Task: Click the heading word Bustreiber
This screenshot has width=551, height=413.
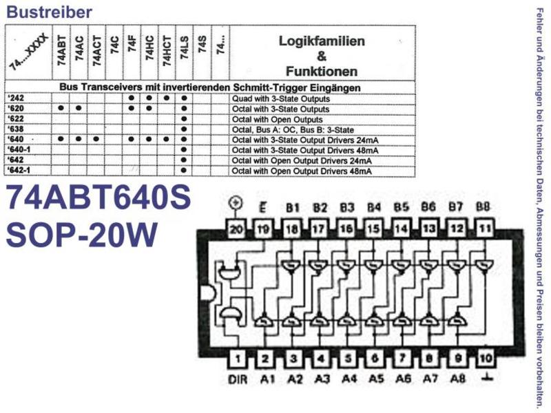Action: (49, 12)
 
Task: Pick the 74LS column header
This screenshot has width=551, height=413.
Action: (185, 47)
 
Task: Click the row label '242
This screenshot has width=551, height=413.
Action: (16, 98)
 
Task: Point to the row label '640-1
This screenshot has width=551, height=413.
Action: (19, 149)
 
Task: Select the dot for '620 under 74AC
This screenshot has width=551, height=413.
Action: (79, 108)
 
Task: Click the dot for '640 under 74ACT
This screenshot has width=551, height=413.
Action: (96, 139)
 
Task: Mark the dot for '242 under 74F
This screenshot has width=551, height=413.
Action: (132, 98)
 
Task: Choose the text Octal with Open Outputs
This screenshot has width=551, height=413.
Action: (278, 119)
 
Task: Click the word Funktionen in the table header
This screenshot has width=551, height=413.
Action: (322, 72)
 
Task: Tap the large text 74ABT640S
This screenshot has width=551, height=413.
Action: (98, 197)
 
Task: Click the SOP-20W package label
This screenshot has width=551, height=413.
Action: (81, 235)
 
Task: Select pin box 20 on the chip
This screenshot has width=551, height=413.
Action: (236, 229)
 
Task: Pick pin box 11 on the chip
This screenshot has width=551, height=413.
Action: (485, 229)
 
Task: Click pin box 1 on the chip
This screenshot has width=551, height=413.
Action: (238, 359)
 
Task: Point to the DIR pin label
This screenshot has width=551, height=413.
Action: (238, 379)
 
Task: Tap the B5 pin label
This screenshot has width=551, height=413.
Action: (401, 207)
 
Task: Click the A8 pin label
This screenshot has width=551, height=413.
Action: (458, 379)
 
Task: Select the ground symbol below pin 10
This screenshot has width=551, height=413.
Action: (486, 378)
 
